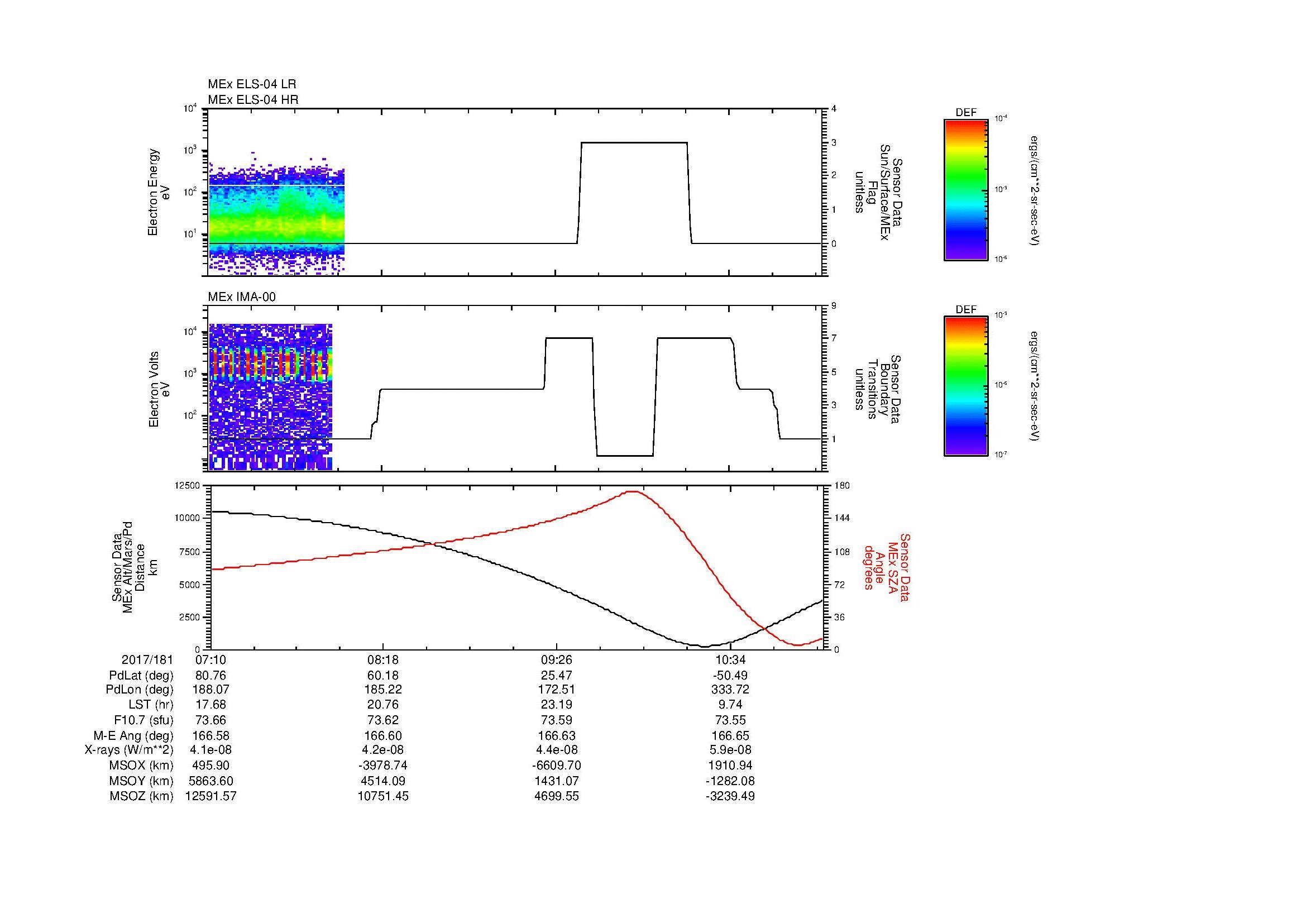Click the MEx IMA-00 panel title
(242, 297)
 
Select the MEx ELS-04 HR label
(253, 99)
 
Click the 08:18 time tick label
(383, 660)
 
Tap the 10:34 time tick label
(730, 660)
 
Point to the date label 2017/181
(147, 660)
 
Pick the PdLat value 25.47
(556, 676)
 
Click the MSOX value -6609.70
(556, 766)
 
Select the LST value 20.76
(383, 705)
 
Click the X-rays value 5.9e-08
(730, 750)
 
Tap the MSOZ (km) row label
(141, 796)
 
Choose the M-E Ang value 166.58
(211, 735)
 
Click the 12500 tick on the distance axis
(188, 485)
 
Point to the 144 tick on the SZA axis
(842, 518)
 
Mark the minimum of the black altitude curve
(704, 647)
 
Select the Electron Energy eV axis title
(159, 192)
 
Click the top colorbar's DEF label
(966, 113)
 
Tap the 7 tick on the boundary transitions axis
(834, 338)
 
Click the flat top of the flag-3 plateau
(634, 142)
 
